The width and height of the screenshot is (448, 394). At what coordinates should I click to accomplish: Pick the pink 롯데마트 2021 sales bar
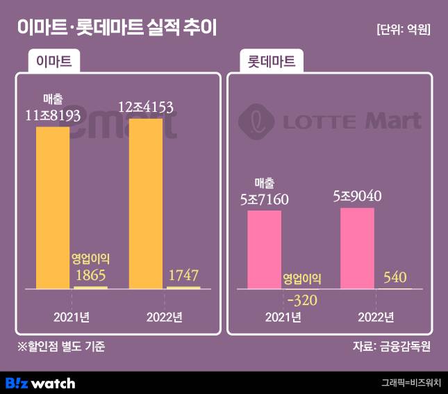265,249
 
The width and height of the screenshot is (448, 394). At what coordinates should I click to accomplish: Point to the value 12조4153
145,108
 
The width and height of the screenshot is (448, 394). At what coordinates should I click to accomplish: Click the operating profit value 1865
91,276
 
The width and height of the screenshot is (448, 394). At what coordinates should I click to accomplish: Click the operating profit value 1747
183,276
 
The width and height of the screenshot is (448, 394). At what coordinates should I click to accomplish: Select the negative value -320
301,300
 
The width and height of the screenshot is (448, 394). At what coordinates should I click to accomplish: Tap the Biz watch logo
40,383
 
